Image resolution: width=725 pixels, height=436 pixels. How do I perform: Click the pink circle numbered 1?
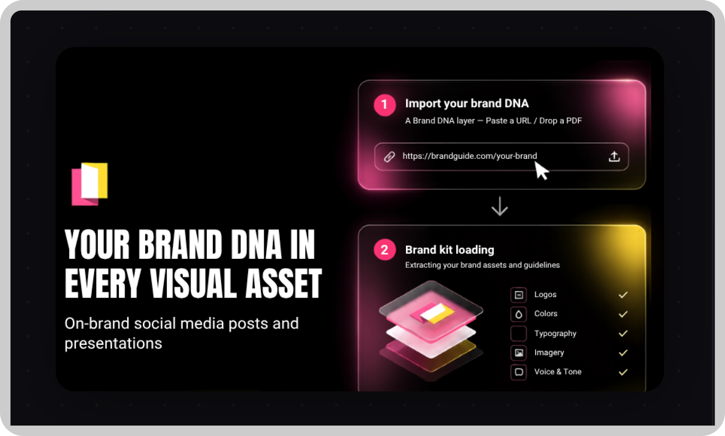coord(385,105)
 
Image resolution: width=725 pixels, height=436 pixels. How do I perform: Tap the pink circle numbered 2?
coord(385,250)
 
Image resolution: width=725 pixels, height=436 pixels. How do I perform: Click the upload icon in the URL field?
coord(614,156)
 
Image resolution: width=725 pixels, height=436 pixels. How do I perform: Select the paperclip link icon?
coord(389,157)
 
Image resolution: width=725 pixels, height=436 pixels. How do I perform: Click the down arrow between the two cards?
coord(500,206)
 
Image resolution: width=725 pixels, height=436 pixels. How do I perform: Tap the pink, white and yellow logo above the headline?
coord(90,184)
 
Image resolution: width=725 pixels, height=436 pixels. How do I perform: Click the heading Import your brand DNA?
coord(467,103)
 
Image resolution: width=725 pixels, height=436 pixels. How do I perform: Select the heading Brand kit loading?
coord(450,250)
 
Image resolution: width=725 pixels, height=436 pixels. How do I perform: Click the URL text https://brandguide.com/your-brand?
coord(470,156)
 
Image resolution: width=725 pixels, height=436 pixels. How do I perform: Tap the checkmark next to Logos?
coord(623,295)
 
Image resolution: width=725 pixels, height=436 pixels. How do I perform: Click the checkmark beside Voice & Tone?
coord(623,372)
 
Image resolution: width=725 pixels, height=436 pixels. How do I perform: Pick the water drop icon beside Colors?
coord(518,314)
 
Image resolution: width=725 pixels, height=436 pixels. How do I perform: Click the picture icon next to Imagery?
coord(518,353)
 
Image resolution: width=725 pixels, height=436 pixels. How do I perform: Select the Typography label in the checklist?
coord(555,333)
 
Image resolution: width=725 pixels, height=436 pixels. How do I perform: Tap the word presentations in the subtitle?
coord(113,343)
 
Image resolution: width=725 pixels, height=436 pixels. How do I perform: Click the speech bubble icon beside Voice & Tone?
coord(518,372)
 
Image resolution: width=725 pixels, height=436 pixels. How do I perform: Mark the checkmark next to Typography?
coord(623,333)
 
